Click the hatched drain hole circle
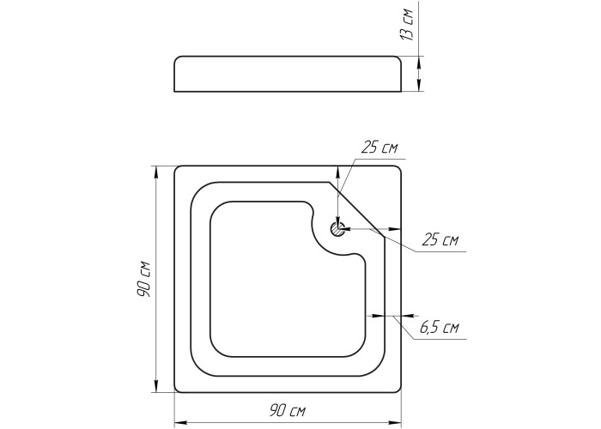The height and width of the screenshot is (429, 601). tap(337, 229)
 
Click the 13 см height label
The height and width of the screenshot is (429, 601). tap(406, 25)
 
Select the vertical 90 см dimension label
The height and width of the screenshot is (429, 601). tap(143, 280)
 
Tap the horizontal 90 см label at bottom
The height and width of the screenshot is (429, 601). tap(288, 411)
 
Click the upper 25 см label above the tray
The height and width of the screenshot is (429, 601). tap(379, 148)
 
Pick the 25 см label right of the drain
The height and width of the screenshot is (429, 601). tap(440, 240)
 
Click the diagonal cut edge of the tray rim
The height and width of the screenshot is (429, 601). tap(356, 208)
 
